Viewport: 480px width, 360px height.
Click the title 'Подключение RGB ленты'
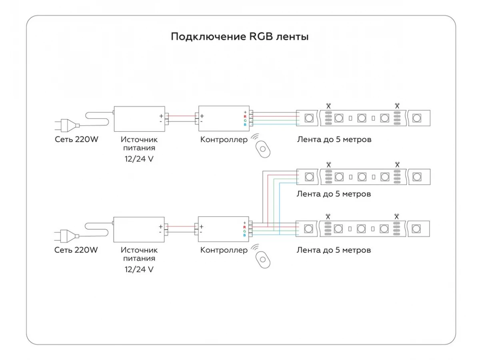tap(240, 36)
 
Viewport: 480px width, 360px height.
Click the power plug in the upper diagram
tap(67, 126)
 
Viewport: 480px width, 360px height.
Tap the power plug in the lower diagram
tap(66, 236)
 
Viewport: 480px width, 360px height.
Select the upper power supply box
tap(139, 119)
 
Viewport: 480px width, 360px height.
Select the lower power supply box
tap(139, 230)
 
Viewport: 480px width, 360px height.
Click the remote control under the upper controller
tap(263, 149)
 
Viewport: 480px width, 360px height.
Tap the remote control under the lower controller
tap(263, 260)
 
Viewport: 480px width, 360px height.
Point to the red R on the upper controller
tap(245, 116)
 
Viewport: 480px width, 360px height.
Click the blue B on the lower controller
tap(244, 235)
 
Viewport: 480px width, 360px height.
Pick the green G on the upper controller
tap(245, 120)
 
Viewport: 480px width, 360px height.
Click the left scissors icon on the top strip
tap(328, 106)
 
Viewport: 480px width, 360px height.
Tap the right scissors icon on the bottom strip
tap(396, 217)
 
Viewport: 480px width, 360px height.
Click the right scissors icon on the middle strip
tap(397, 164)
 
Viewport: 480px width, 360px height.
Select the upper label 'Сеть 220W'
tap(76, 139)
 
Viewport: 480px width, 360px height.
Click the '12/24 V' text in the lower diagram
tap(139, 269)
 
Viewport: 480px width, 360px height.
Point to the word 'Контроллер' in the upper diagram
tap(224, 140)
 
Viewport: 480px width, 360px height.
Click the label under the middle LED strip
tap(334, 194)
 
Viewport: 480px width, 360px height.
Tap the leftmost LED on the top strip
tap(309, 118)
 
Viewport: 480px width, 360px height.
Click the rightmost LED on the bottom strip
tap(416, 229)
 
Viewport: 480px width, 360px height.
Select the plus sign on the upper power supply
tap(161, 116)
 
